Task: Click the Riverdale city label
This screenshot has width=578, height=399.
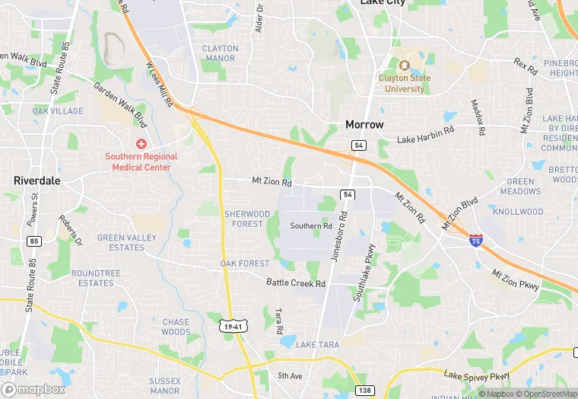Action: click(37, 181)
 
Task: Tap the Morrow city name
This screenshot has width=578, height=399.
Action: click(364, 124)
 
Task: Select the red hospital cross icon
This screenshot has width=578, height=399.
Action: click(141, 144)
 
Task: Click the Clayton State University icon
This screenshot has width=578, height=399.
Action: click(404, 64)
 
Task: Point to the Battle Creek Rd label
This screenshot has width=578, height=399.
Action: click(296, 283)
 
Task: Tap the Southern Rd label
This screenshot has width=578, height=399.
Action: click(311, 226)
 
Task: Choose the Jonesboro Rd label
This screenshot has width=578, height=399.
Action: click(339, 237)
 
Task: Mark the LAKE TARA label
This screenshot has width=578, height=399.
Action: click(318, 345)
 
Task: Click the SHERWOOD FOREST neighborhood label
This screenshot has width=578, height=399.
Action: click(246, 219)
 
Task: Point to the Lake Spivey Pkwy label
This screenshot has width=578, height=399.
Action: click(477, 377)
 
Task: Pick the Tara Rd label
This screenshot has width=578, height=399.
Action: click(279, 321)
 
